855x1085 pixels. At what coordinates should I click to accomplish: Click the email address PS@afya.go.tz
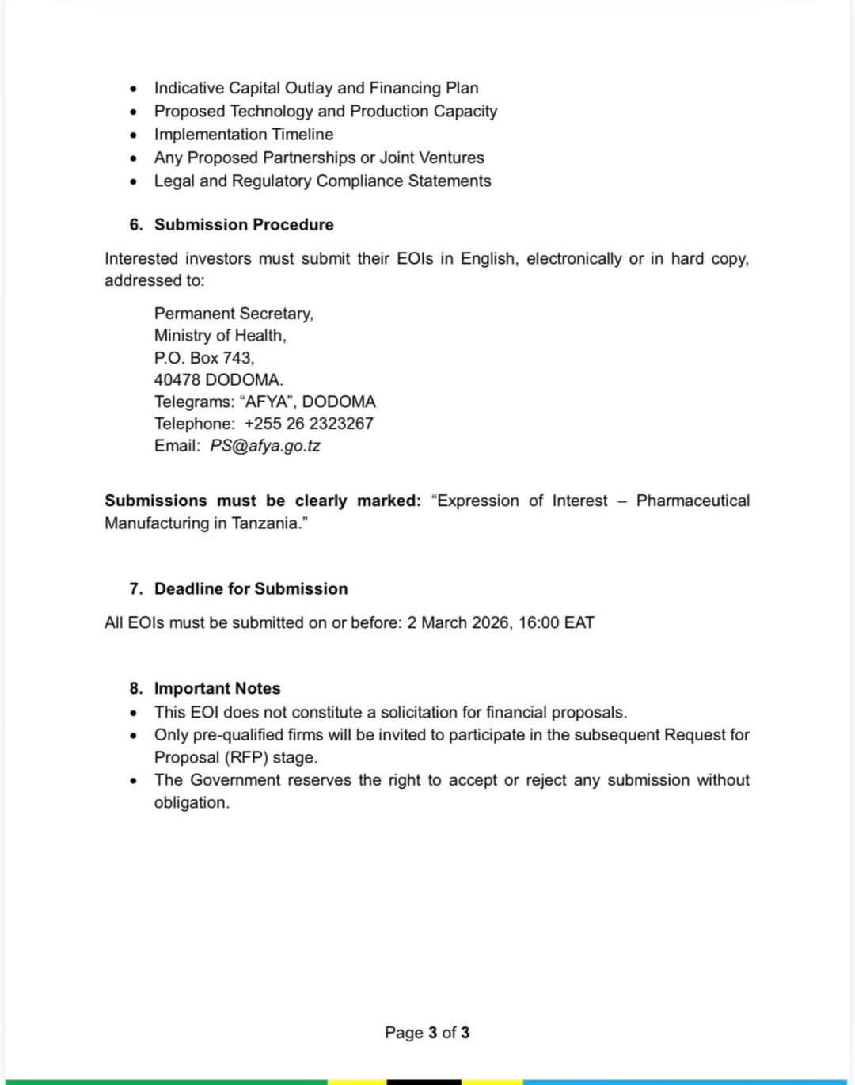[x=264, y=446]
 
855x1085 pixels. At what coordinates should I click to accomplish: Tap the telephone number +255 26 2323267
[x=309, y=424]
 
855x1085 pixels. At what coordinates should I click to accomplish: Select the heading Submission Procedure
[x=244, y=225]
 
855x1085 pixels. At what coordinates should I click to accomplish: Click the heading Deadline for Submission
[x=251, y=589]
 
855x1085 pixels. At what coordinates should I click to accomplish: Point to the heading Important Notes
[x=217, y=688]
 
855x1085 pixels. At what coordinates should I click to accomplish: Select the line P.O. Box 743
[x=204, y=358]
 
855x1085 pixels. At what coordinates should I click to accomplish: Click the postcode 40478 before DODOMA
[x=177, y=380]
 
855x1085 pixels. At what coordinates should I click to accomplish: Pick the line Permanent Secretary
[x=234, y=314]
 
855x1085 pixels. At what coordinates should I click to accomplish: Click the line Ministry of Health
[x=220, y=336]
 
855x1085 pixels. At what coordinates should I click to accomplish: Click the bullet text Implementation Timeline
[x=244, y=135]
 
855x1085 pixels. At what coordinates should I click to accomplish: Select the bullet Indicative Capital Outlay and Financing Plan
[x=316, y=88]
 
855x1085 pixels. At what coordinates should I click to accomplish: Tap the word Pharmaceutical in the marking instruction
[x=693, y=501]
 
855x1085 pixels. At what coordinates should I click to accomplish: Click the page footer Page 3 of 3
[x=427, y=1033]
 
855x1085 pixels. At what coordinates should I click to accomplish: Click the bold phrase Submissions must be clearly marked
[x=263, y=501]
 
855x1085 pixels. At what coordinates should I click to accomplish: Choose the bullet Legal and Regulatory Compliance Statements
[x=322, y=181]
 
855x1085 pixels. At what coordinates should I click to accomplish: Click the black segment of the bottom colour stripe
[x=424, y=1081]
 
